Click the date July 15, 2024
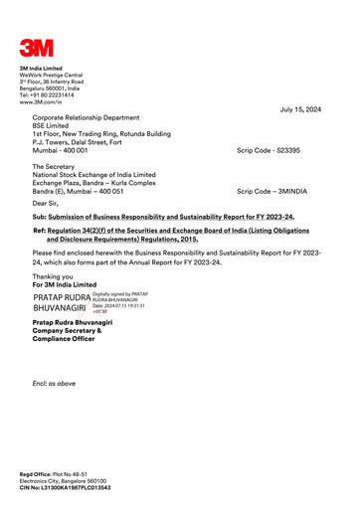point(300,109)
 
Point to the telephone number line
point(49,94)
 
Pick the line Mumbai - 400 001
point(68,150)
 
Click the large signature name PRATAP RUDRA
point(61,298)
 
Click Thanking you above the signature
point(53,276)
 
